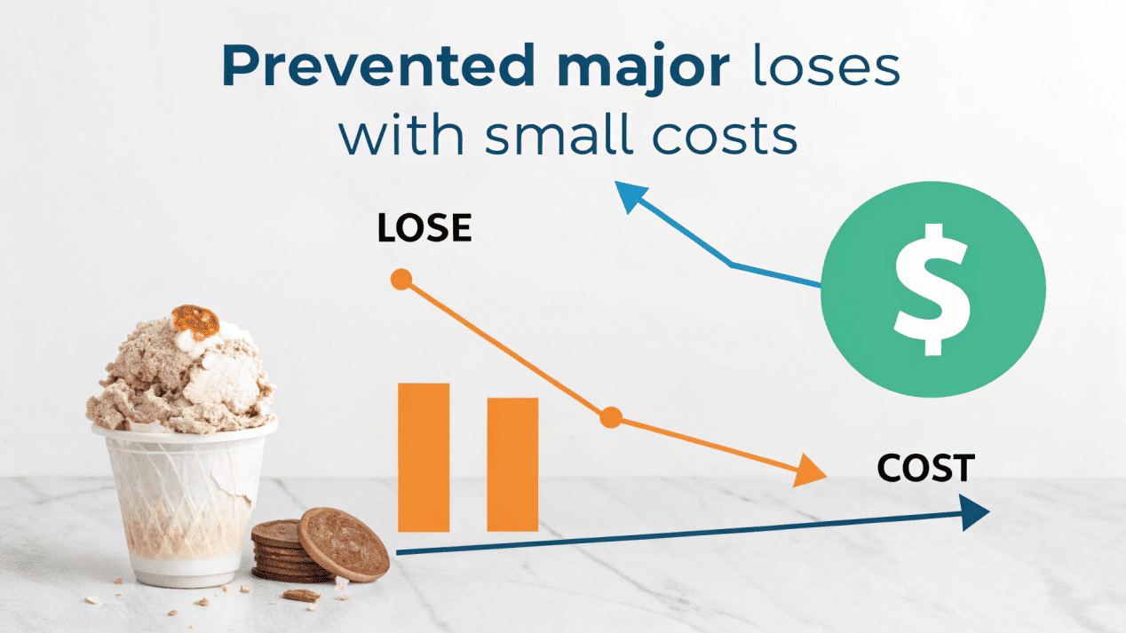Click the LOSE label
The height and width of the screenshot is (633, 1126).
(424, 229)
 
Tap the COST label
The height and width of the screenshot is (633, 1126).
(926, 467)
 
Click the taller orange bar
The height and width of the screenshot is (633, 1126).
(424, 457)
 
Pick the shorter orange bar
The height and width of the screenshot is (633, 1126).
(512, 464)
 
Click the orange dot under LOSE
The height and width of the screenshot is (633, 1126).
(401, 280)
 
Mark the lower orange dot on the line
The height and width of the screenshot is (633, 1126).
(610, 417)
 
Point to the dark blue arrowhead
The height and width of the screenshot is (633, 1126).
(976, 512)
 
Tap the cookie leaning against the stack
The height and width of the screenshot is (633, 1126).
(344, 543)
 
